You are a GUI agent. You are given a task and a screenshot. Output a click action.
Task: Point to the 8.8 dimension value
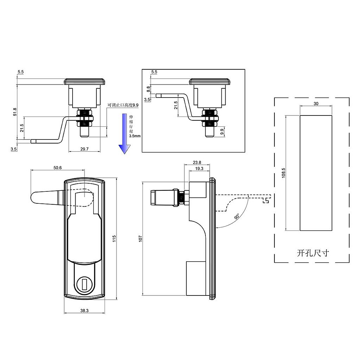147,89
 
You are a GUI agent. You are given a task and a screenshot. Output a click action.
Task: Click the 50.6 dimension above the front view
58,168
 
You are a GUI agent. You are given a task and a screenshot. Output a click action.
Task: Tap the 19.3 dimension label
199,169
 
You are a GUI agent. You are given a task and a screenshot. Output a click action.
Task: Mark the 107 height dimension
140,238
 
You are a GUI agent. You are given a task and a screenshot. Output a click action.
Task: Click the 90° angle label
237,217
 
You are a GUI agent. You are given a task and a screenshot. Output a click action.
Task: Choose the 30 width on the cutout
316,103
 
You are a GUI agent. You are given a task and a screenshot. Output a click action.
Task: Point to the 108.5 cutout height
283,173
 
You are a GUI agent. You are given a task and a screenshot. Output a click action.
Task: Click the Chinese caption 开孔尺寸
313,253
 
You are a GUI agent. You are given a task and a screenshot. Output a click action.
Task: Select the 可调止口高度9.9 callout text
123,105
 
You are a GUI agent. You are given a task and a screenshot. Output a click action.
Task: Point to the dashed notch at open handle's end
266,200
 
